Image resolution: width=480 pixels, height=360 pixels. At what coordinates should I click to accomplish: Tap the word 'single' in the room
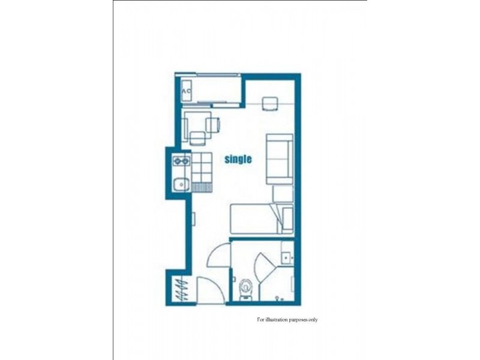click(x=238, y=160)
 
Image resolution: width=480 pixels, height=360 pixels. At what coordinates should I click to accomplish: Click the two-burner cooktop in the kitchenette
click(x=181, y=161)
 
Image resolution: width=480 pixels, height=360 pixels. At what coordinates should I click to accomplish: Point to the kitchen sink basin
click(x=180, y=184)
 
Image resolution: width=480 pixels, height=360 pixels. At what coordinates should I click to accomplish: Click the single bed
click(x=255, y=218)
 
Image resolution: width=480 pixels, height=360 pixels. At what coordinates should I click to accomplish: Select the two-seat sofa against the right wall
click(x=279, y=158)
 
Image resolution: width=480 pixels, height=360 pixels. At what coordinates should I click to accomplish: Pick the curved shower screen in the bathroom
click(x=265, y=268)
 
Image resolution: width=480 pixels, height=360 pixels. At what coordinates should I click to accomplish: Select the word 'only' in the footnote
click(x=313, y=320)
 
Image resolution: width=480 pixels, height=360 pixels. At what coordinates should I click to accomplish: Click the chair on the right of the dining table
click(x=213, y=125)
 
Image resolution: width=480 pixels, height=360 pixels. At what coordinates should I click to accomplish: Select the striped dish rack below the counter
click(x=202, y=187)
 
